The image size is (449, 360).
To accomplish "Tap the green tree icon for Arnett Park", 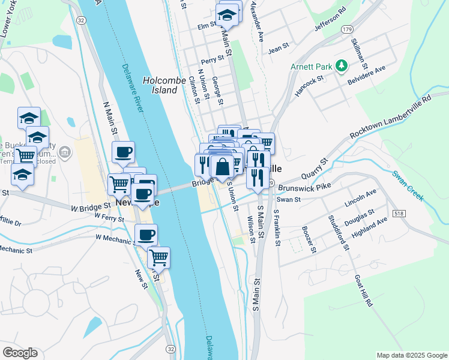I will pyautogui.click(x=342, y=65).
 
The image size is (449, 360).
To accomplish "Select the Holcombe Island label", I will pyautogui.click(x=160, y=85).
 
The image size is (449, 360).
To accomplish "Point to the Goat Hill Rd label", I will pyautogui.click(x=364, y=291).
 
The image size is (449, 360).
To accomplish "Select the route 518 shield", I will pyautogui.click(x=400, y=214).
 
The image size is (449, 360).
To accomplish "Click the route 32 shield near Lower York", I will pyautogui.click(x=81, y=20).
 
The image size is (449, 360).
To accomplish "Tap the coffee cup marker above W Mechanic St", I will pyautogui.click(x=146, y=233).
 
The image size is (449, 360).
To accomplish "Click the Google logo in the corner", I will pyautogui.click(x=20, y=352).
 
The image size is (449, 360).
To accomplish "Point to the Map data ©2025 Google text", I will pyautogui.click(x=412, y=355).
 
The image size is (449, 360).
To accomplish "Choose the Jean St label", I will pyautogui.click(x=279, y=46).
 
